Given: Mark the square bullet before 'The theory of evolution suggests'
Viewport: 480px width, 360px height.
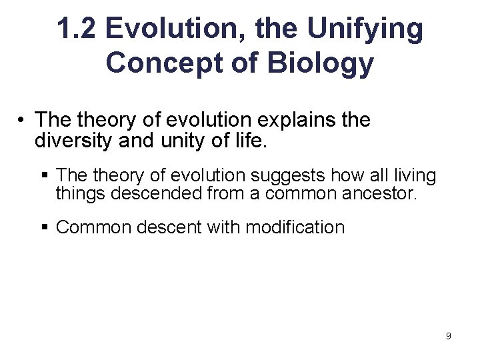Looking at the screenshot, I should click(46, 176).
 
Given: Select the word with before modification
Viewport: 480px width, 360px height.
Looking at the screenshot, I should click(225, 227).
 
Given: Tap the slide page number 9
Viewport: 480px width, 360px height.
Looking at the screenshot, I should click(448, 336).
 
